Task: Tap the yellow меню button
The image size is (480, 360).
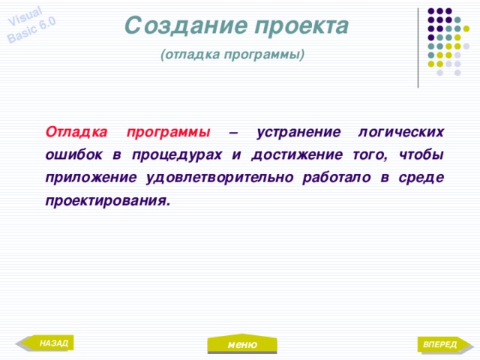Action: [x=242, y=344]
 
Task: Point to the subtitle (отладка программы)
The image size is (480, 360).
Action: [x=232, y=55]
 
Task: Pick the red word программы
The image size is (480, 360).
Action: [x=168, y=132]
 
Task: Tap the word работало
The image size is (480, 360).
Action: [x=336, y=178]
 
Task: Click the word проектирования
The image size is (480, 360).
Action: [x=106, y=201]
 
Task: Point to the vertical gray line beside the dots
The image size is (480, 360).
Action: [x=418, y=47]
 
